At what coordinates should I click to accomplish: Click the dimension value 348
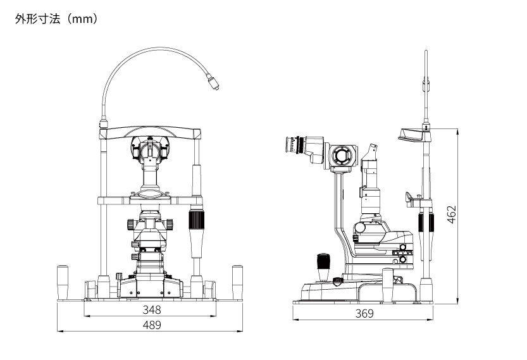tap(152, 309)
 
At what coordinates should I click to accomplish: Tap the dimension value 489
tap(152, 325)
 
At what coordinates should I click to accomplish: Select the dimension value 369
tap(364, 314)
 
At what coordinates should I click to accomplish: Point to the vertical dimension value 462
tap(452, 214)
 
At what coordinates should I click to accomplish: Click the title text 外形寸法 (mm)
tap(56, 19)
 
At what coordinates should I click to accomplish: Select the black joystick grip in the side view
tap(323, 261)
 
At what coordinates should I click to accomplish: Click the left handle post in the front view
tap(63, 282)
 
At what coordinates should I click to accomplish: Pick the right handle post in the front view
tap(237, 282)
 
